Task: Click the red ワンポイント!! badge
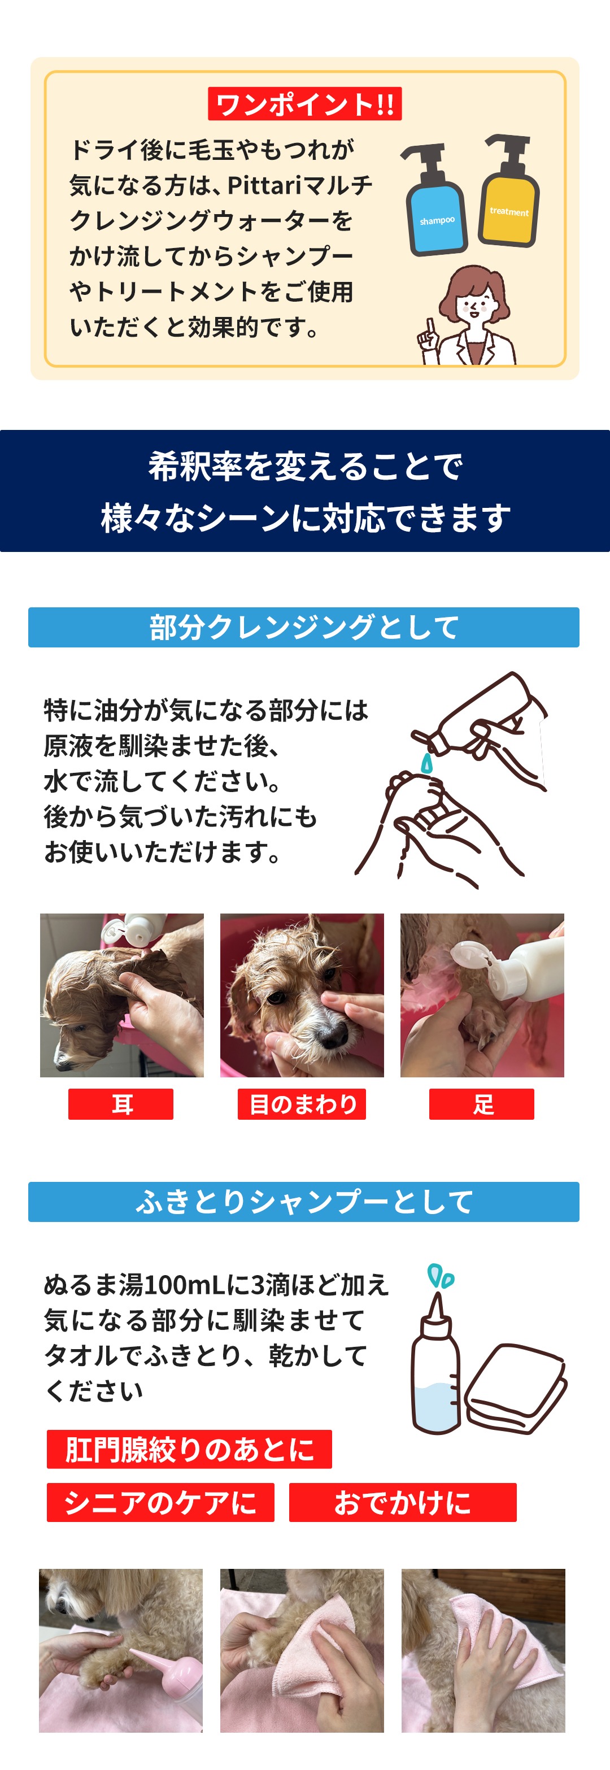click(x=304, y=104)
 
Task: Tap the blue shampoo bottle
click(x=435, y=203)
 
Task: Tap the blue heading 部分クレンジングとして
click(x=304, y=627)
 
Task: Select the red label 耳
click(x=121, y=1104)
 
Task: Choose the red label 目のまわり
click(x=302, y=1104)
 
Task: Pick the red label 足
click(x=482, y=1104)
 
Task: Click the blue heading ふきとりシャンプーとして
click(x=304, y=1202)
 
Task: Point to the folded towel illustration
click(x=515, y=1386)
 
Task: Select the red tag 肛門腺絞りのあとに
click(x=190, y=1449)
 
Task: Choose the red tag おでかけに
click(x=403, y=1502)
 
